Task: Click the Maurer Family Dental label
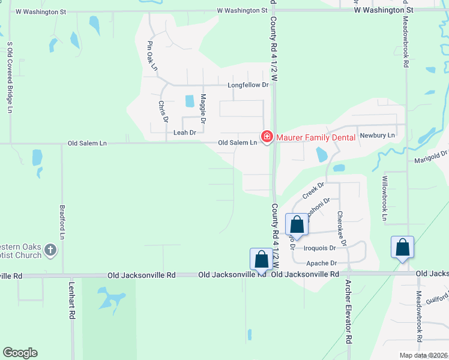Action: (x=316, y=137)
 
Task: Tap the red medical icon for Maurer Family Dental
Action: (x=267, y=137)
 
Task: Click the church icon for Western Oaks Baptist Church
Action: (x=51, y=250)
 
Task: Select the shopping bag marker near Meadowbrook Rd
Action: (x=402, y=247)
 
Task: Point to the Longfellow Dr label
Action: (x=248, y=85)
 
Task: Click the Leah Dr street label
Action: (x=185, y=133)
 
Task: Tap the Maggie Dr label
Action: (x=203, y=106)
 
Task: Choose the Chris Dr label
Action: (x=162, y=112)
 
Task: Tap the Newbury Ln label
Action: (x=378, y=135)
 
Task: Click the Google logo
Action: (x=20, y=353)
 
